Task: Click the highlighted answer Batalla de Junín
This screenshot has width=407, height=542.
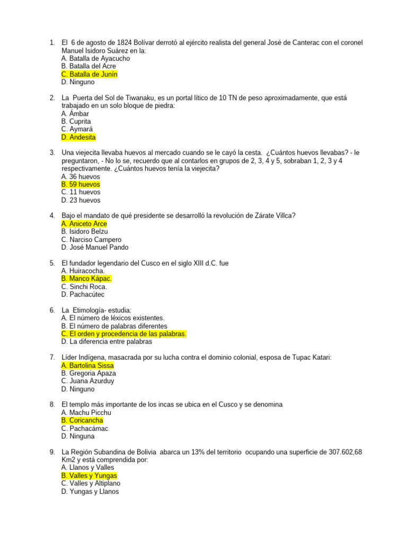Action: [89, 75]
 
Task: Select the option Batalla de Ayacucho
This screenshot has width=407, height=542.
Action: [95, 59]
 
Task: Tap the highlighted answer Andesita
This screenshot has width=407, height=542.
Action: [78, 137]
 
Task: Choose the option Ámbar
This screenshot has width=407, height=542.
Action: [75, 114]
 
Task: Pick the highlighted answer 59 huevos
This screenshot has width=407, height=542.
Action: [81, 184]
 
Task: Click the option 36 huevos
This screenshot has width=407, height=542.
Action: [81, 177]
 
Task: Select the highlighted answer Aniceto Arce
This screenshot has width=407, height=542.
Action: [84, 224]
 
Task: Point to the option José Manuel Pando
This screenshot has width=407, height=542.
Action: [94, 247]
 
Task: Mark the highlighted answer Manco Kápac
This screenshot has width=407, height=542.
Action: [86, 279]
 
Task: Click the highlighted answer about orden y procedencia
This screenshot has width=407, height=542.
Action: [124, 334]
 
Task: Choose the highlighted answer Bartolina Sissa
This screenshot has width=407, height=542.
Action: [87, 365]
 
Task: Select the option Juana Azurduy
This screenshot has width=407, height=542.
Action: [87, 381]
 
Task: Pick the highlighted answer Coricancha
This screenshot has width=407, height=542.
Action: [82, 420]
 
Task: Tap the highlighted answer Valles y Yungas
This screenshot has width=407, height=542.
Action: [89, 475]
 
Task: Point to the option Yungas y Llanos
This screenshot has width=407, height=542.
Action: [90, 491]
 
